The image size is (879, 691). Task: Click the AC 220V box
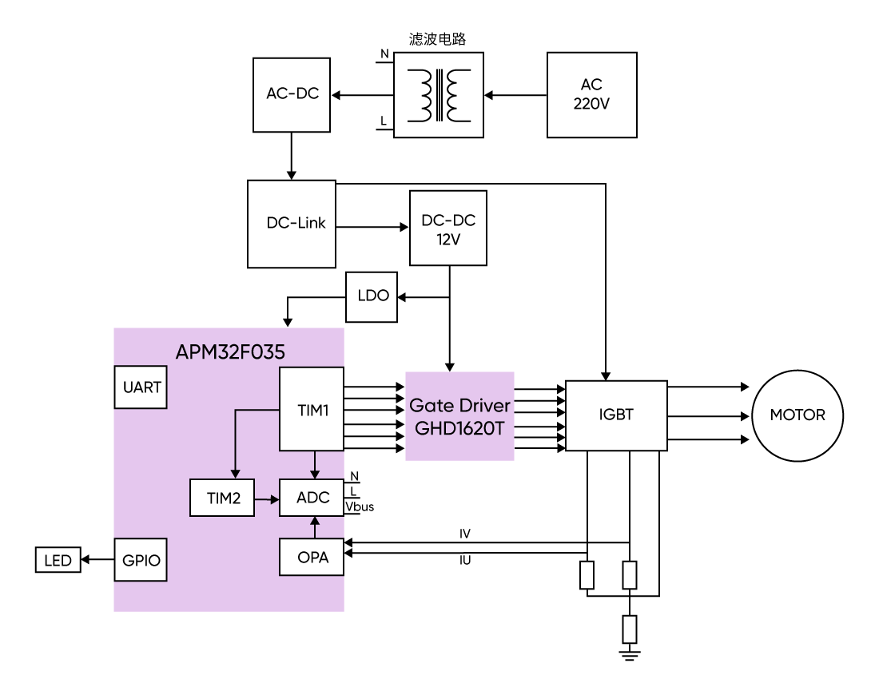591,95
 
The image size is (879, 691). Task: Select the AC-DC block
292,94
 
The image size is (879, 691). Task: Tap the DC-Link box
292,224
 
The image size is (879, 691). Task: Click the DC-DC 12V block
447,228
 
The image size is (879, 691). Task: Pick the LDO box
372,296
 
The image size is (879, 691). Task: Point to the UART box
141,387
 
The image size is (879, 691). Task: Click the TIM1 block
311,410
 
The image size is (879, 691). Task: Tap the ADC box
312,498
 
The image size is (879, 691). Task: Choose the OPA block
312,557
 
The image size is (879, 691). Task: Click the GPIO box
141,560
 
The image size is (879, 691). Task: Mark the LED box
58,561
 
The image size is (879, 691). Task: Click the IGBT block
615,415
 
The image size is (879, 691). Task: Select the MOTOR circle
797,415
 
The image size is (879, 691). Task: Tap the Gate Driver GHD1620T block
459,416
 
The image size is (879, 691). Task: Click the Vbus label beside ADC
359,506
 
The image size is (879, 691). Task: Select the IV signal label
464,534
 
